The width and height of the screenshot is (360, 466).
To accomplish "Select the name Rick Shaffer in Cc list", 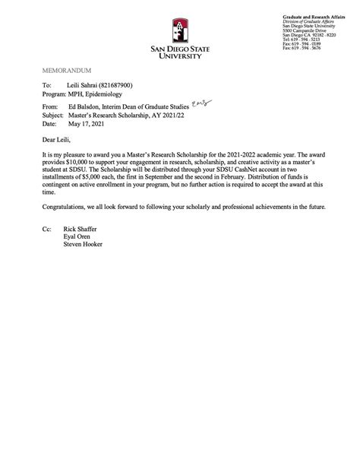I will (81, 228).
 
